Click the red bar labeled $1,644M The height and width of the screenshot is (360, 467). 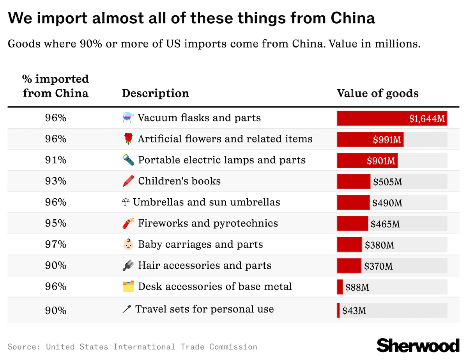(392, 118)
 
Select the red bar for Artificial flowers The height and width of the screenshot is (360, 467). (370, 139)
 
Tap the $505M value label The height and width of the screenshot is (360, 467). (387, 182)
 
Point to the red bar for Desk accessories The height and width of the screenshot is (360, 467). (340, 287)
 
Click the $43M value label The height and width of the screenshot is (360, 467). (354, 311)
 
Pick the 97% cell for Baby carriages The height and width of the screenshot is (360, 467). (55, 245)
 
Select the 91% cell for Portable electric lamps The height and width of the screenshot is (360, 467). (55, 160)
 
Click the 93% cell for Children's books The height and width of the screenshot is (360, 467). (55, 181)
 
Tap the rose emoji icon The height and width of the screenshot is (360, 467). (128, 139)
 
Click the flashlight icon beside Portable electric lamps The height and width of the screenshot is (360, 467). (128, 160)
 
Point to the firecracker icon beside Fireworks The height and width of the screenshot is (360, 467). (128, 224)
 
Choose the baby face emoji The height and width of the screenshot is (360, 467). (128, 245)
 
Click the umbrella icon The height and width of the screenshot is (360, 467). (126, 203)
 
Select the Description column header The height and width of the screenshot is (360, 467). (155, 94)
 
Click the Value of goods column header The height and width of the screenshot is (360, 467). (377, 94)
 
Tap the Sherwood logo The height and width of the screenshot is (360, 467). (418, 345)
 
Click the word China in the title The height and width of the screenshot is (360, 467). (352, 18)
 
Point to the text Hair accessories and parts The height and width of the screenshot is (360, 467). (205, 266)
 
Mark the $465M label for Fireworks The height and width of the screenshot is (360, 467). (385, 224)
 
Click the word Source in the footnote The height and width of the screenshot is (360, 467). (24, 347)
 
